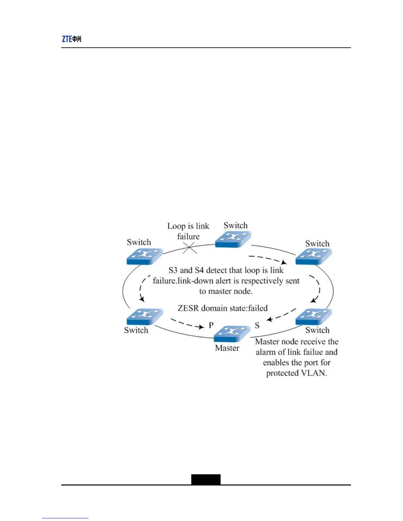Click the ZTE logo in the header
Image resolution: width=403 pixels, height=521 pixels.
coord(71,39)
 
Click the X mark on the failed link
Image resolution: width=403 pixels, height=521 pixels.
coord(190,248)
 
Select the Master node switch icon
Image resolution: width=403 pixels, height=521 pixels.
coord(232,334)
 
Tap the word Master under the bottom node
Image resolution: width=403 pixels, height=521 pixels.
coord(227,348)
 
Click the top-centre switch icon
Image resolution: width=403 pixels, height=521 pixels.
coord(233,239)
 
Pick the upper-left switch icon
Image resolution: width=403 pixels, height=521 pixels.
coord(145,256)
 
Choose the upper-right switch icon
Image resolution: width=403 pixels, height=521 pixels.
coord(313,256)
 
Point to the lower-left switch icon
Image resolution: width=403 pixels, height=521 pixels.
coord(145,316)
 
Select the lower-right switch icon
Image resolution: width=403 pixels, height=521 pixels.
coord(313,316)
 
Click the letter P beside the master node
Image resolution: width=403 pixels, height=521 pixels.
coord(211,325)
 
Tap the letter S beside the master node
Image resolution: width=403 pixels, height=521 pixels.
coord(257,325)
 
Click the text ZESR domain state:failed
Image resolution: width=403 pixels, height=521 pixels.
coord(223,308)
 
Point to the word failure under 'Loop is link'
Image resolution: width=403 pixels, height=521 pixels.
coord(188,236)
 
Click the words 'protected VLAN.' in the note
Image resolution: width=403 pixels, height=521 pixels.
coord(296,373)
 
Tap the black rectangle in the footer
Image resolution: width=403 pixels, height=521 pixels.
coord(206,480)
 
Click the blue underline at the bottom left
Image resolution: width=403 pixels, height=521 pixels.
coord(65,518)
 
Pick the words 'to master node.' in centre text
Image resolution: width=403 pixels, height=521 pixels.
coord(226,291)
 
